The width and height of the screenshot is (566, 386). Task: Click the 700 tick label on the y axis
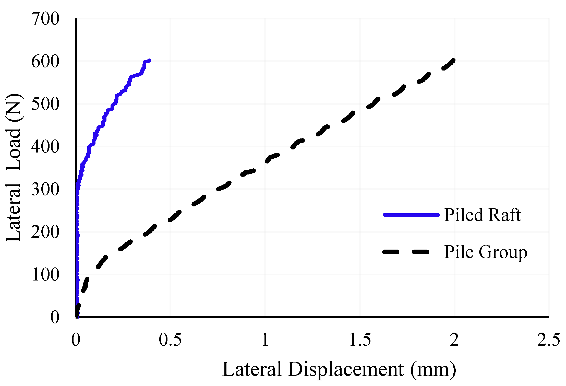(45, 19)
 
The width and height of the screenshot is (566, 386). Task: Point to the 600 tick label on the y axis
(45, 62)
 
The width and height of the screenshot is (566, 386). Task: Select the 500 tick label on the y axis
(45, 104)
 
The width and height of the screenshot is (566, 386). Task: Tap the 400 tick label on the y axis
(45, 147)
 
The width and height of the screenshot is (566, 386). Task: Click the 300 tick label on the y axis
(45, 190)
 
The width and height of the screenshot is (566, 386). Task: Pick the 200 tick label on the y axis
(45, 232)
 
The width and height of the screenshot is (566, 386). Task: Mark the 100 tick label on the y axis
(45, 275)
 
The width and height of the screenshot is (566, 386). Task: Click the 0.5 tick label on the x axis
(170, 340)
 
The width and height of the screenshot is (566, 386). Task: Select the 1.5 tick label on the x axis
(360, 340)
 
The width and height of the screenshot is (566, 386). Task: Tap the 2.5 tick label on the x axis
(549, 340)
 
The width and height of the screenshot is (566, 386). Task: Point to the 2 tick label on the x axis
(454, 340)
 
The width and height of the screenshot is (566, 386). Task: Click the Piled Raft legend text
(482, 215)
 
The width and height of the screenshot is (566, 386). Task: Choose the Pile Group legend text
(485, 252)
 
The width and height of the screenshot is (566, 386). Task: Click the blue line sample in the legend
(411, 215)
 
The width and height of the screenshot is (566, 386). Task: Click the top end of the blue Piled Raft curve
(149, 61)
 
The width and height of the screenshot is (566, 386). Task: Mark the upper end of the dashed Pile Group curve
(453, 61)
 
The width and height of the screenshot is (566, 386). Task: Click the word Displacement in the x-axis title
(346, 369)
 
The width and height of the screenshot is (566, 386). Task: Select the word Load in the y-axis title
(13, 150)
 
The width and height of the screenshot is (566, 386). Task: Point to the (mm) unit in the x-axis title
(433, 369)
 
